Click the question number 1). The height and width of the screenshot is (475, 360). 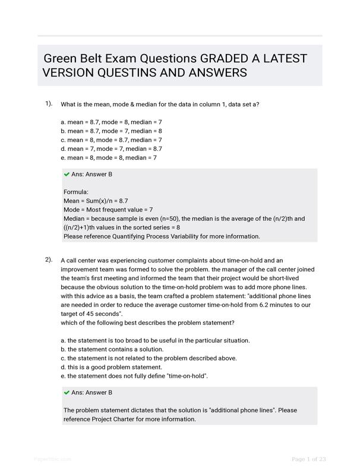point(49,104)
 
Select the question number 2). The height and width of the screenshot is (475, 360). point(49,259)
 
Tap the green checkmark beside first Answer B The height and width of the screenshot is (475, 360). point(67,175)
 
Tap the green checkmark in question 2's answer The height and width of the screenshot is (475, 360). point(67,392)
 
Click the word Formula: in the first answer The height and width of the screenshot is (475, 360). point(76,192)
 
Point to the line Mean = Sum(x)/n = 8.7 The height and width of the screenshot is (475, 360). point(96,201)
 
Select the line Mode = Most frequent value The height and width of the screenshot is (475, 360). point(108,210)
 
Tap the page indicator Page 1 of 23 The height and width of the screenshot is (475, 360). point(309,459)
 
